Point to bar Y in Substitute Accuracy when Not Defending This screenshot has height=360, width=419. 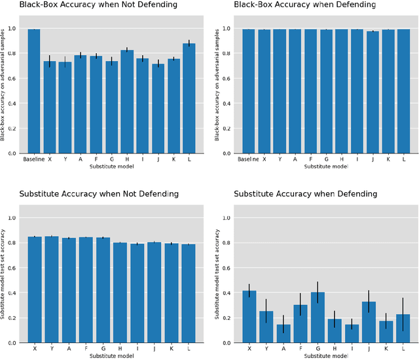click(x=51, y=289)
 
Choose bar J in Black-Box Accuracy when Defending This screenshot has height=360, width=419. click(x=373, y=92)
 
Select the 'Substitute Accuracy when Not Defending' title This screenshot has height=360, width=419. click(x=89, y=194)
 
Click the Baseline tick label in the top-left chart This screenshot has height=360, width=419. click(x=33, y=159)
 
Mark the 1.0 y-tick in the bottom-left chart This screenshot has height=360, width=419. click(x=12, y=218)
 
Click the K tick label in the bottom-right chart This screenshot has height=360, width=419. click(x=388, y=348)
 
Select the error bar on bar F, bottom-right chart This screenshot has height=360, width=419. click(x=301, y=304)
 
